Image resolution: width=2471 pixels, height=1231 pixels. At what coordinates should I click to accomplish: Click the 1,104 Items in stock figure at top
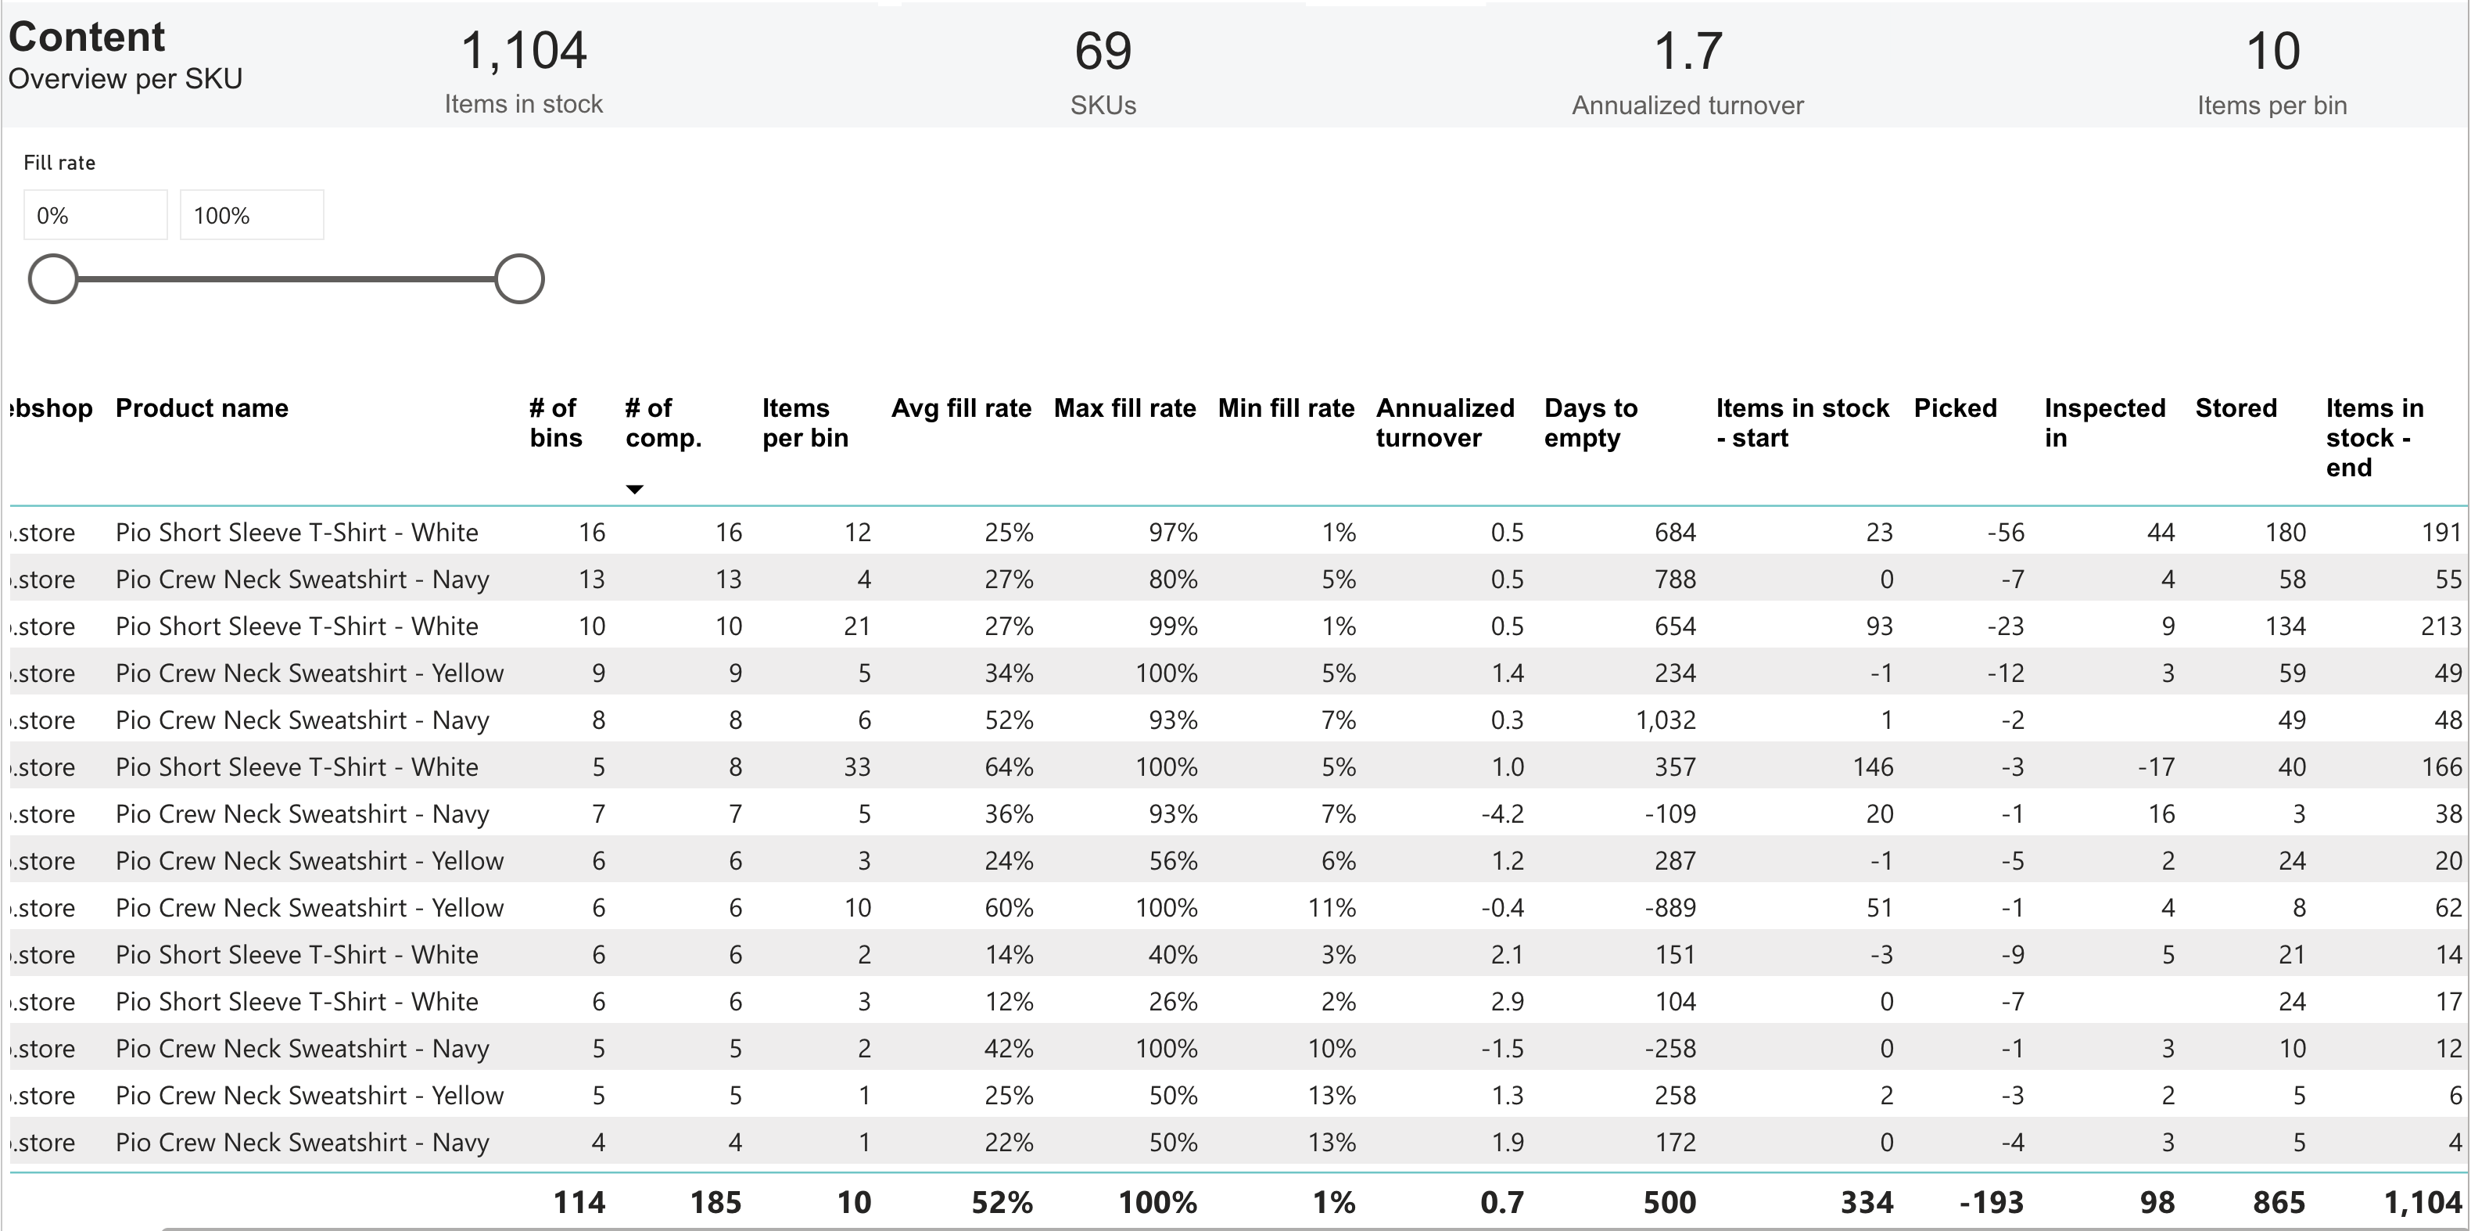[523, 52]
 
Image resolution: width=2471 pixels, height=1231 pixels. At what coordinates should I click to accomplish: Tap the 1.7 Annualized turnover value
[1687, 52]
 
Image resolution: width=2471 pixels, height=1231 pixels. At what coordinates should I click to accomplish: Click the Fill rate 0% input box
[95, 215]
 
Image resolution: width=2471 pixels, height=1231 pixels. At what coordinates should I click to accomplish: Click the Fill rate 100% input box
[251, 215]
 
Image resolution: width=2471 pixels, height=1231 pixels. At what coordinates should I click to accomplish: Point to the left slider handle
[52, 279]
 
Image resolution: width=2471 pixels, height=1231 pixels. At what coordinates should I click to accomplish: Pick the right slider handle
[519, 279]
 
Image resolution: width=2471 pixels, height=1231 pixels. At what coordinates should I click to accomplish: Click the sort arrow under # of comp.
[634, 490]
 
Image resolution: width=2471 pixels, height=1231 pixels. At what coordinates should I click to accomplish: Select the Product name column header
[202, 409]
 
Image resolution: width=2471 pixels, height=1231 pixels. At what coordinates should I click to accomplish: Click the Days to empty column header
[1590, 423]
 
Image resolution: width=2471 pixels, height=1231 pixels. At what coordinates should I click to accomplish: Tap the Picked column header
[1954, 409]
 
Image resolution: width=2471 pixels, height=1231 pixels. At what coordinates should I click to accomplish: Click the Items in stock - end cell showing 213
[2441, 626]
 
